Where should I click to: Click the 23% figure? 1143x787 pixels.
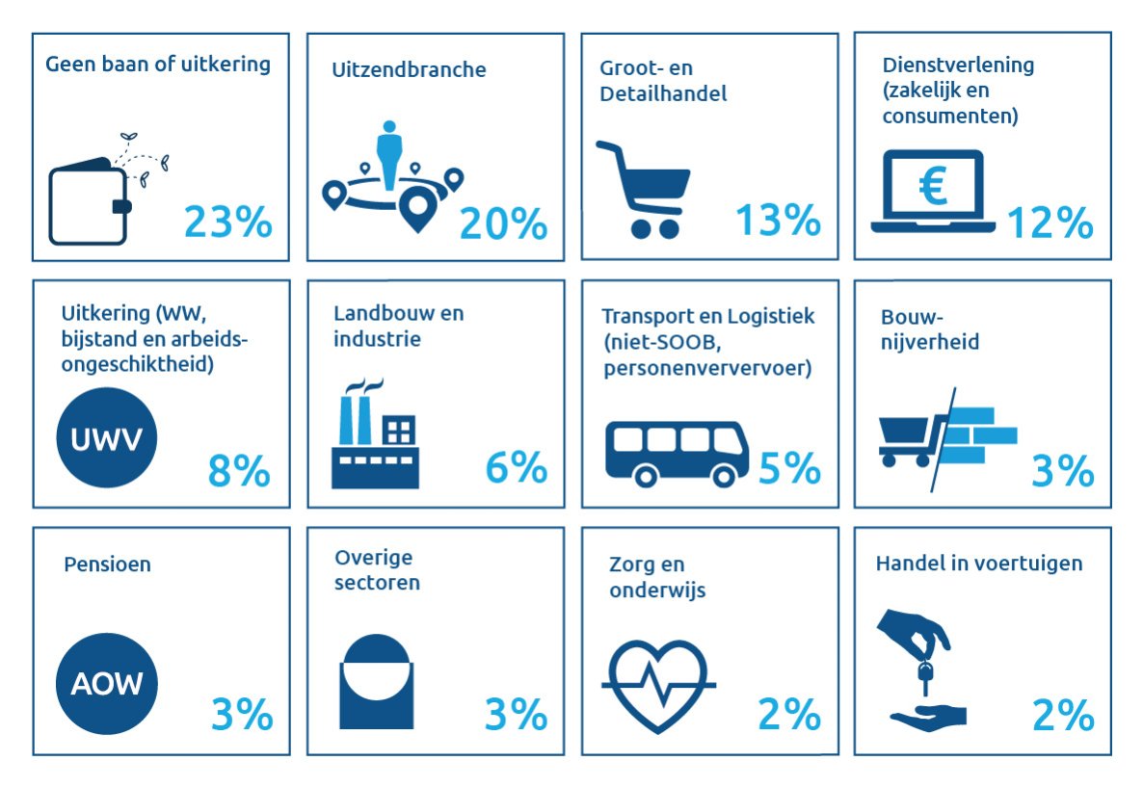coord(227,223)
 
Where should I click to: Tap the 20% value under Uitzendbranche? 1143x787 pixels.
coord(503,223)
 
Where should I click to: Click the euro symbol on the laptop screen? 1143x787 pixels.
coord(932,185)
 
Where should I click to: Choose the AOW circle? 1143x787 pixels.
coord(106,685)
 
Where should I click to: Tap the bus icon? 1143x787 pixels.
coord(677,451)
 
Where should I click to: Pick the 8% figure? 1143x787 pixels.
coord(239,470)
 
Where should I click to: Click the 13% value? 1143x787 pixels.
coord(778,222)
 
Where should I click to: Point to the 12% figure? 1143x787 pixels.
coord(1050,223)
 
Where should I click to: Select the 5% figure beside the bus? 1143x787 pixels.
coord(789,469)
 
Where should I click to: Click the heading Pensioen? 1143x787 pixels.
coord(107,564)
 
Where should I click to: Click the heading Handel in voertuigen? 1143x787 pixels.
coord(978,564)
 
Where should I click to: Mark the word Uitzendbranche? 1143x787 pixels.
coord(409,70)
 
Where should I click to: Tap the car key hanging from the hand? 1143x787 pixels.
coord(925,672)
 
